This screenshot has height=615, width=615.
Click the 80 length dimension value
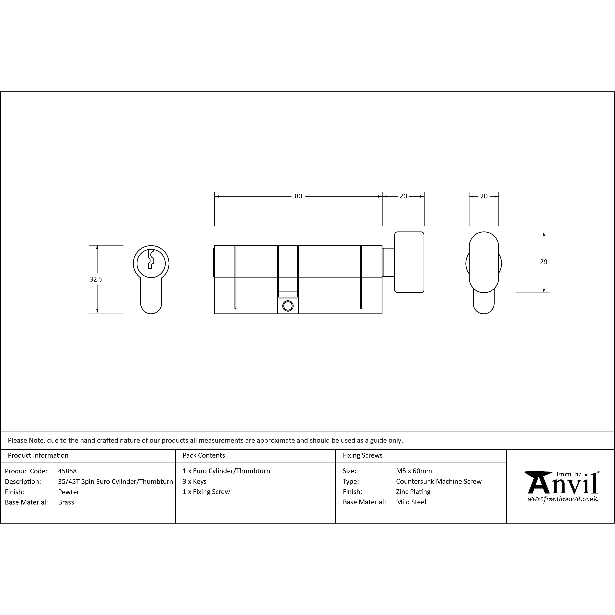click(x=298, y=196)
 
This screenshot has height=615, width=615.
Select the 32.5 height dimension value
click(x=96, y=279)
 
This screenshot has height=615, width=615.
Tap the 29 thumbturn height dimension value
click(x=544, y=262)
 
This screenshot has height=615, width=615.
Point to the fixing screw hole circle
click(x=288, y=306)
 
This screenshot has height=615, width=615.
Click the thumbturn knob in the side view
click(x=409, y=262)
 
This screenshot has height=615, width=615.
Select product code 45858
click(x=68, y=471)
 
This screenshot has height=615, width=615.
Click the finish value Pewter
click(x=68, y=492)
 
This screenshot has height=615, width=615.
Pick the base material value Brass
click(x=66, y=502)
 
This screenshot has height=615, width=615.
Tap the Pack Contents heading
click(x=204, y=455)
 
